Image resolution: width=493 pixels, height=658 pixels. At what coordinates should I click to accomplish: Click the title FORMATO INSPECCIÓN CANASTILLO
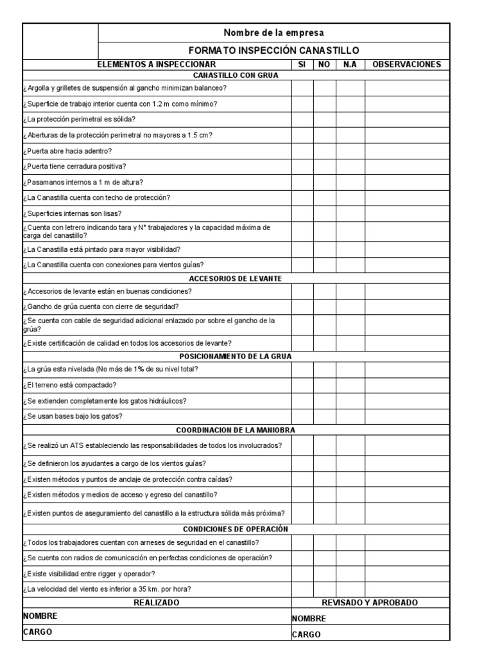pos(273,50)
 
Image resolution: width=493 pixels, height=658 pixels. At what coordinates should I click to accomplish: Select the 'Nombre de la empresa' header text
pos(273,32)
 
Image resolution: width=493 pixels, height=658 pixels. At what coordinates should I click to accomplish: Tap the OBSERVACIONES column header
pos(406,64)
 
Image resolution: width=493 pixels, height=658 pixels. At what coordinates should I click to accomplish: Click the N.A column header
pos(350,64)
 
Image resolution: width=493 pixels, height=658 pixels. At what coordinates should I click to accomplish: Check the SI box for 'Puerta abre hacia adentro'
pos(302,151)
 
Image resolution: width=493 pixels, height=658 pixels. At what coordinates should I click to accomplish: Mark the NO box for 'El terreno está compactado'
pos(324,385)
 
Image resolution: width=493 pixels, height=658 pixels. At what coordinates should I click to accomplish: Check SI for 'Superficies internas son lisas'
pos(302,213)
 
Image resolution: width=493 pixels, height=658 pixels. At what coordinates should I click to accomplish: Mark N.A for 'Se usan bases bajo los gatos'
pos(350,416)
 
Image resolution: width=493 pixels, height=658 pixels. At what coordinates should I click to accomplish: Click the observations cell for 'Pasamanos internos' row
pos(406,182)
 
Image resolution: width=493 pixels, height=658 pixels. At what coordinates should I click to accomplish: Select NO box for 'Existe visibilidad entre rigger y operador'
pos(324,573)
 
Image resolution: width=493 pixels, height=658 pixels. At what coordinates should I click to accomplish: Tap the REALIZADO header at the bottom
pos(156,603)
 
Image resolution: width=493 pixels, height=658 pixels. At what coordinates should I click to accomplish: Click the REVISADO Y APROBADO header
pos(370,603)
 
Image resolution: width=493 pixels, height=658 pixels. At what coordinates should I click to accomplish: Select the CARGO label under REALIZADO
pos(37,632)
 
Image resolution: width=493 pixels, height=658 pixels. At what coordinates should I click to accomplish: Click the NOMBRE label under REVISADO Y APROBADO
pos(309,619)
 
